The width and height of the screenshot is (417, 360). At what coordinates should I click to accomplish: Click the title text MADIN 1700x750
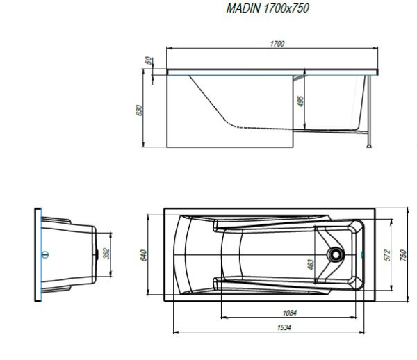(x=268, y=8)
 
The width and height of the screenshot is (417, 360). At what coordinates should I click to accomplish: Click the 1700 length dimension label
(x=277, y=44)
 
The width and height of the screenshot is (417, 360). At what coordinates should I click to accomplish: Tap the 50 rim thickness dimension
(x=149, y=60)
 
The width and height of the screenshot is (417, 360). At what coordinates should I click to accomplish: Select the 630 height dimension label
(x=139, y=111)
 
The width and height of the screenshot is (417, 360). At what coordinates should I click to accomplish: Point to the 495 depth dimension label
(x=300, y=101)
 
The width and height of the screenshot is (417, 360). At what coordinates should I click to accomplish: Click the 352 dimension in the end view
(x=106, y=254)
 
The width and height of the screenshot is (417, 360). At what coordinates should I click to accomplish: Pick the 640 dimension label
(x=143, y=256)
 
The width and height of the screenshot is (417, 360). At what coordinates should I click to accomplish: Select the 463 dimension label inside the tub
(x=311, y=265)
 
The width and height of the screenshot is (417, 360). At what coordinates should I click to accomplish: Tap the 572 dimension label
(x=387, y=255)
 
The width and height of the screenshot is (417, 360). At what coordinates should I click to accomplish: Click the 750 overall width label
(x=403, y=256)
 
